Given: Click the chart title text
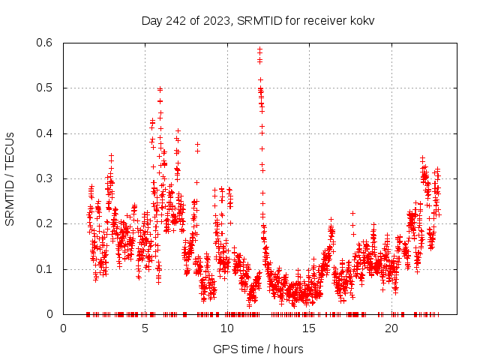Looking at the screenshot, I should pyautogui.click(x=258, y=20).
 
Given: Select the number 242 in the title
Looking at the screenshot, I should pyautogui.click(x=177, y=20).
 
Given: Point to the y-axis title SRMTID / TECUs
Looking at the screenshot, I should pyautogui.click(x=10, y=178).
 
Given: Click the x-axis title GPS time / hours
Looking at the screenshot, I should pyautogui.click(x=258, y=349).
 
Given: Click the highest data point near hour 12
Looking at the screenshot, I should pyautogui.click(x=259, y=49).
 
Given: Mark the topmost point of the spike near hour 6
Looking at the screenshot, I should pyautogui.click(x=160, y=88).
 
